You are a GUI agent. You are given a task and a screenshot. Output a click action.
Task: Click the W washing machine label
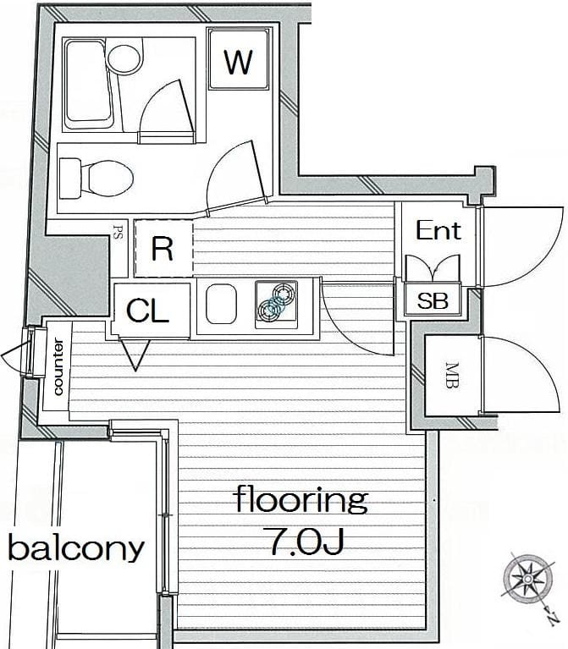[238, 62]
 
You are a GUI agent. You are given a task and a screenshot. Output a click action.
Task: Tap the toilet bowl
[107, 179]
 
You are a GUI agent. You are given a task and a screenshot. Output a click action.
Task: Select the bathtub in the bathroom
[89, 85]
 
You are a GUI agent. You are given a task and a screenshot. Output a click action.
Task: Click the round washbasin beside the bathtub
[123, 58]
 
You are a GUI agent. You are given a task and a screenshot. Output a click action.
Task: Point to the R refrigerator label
[163, 249]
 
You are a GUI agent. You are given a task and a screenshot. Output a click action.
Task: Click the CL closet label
[148, 311]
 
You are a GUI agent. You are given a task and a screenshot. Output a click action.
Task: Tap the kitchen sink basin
[222, 305]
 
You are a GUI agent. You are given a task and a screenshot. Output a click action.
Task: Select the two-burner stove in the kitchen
[276, 305]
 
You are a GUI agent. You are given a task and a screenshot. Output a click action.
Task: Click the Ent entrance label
[438, 230]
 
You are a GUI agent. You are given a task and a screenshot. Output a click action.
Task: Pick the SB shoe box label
[433, 300]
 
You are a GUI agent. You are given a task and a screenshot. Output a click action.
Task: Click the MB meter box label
[452, 375]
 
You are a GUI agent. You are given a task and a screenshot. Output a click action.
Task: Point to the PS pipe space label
[118, 232]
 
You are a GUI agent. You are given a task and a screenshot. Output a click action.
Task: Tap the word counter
[58, 366]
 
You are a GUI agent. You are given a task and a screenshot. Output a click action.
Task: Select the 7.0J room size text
[306, 542]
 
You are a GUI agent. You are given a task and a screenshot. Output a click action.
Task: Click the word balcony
[76, 548]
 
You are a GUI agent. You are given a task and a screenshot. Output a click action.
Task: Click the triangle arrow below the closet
[135, 355]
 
